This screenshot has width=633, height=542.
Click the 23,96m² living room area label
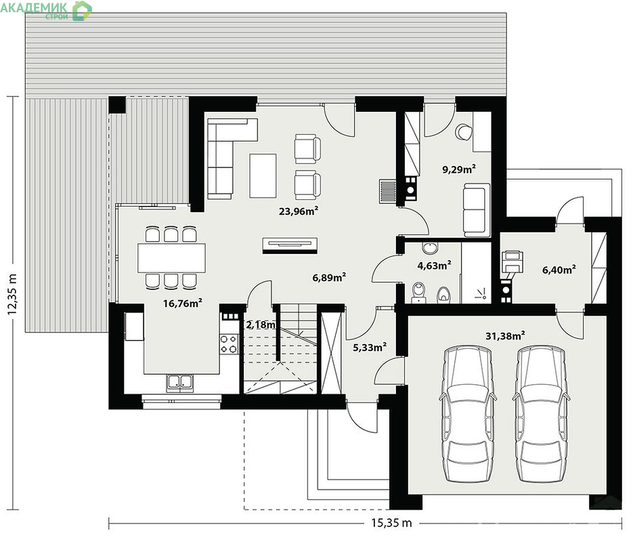point(299,211)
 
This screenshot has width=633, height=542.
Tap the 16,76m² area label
point(183,303)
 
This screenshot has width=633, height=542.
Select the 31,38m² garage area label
point(505,335)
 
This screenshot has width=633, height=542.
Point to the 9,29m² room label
point(459,169)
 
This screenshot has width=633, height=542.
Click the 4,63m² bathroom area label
point(434,266)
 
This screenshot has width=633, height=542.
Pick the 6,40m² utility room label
point(559,270)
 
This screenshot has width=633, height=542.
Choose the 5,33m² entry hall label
point(370,347)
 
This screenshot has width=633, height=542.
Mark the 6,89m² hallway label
point(329,278)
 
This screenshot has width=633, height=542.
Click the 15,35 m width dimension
point(391,523)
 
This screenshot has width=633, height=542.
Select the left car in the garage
point(468,414)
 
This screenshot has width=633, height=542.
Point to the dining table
point(171,258)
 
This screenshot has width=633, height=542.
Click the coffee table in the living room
point(263,175)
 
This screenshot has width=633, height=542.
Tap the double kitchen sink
point(179,383)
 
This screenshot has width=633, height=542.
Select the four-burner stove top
point(229,343)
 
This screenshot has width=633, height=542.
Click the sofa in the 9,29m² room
point(477,210)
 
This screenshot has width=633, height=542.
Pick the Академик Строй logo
point(46,10)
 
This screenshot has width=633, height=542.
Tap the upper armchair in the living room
point(307,148)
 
